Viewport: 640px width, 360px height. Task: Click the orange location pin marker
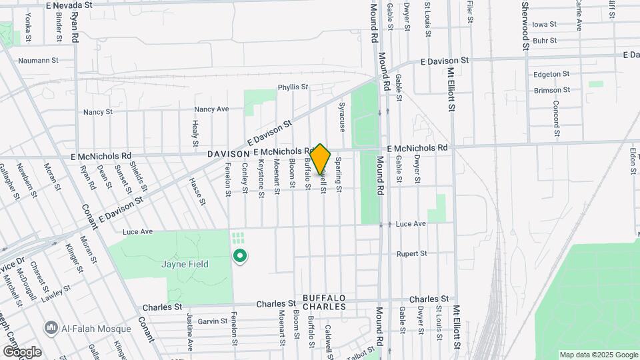coord(321,159)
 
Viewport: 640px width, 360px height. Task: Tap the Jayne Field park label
coord(185,264)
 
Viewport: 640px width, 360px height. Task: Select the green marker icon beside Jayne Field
coord(239,255)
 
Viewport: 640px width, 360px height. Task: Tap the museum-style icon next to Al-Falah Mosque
coord(51,327)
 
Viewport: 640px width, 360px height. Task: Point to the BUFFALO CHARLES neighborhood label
coord(324,302)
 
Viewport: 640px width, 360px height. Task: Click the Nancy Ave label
coord(211,109)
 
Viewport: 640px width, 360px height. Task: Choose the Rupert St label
coord(411,253)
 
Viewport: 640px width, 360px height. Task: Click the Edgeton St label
coord(551,74)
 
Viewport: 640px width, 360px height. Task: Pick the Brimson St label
coord(552,90)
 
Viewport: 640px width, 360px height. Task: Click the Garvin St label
coord(213,321)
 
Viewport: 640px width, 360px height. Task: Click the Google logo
coord(21,351)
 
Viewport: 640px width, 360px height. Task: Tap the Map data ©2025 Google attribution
coord(598,355)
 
